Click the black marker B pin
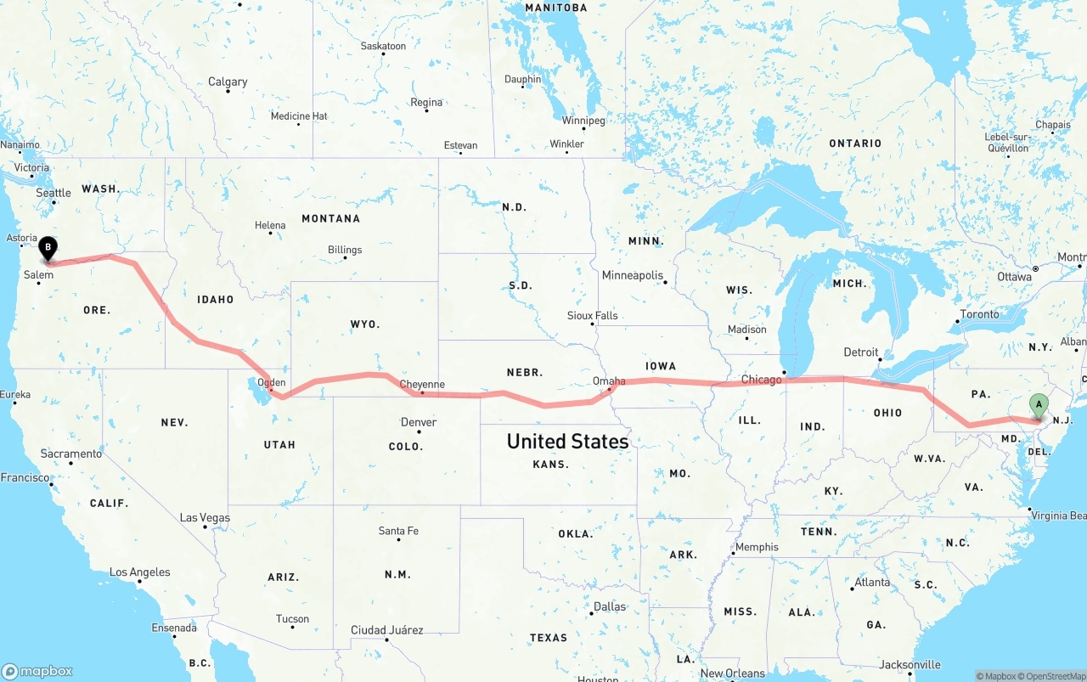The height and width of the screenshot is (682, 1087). pos(48,248)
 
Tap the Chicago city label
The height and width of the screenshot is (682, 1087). pos(761,380)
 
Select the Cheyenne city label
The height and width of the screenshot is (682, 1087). pos(422,384)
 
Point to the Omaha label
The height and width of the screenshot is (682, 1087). pos(609,381)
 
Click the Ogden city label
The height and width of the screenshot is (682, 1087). pos(272,382)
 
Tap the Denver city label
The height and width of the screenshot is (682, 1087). pos(419,422)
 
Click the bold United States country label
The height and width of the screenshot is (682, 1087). pos(567,441)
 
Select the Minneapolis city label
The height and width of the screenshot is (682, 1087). pos(633,275)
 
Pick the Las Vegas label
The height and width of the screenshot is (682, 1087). pos(205,517)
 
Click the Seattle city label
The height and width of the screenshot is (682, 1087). pos(54,193)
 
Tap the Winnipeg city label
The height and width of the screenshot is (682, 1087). pos(583,121)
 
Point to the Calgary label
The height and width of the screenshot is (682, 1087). pos(228,82)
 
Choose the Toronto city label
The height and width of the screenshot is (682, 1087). pos(979,314)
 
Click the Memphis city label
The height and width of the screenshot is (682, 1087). pos(757,547)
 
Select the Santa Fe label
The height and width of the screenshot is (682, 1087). pos(398,531)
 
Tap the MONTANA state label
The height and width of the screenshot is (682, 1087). pos(330,218)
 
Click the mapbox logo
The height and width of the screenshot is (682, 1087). pos(38,671)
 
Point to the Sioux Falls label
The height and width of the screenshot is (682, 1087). pos(593,315)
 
